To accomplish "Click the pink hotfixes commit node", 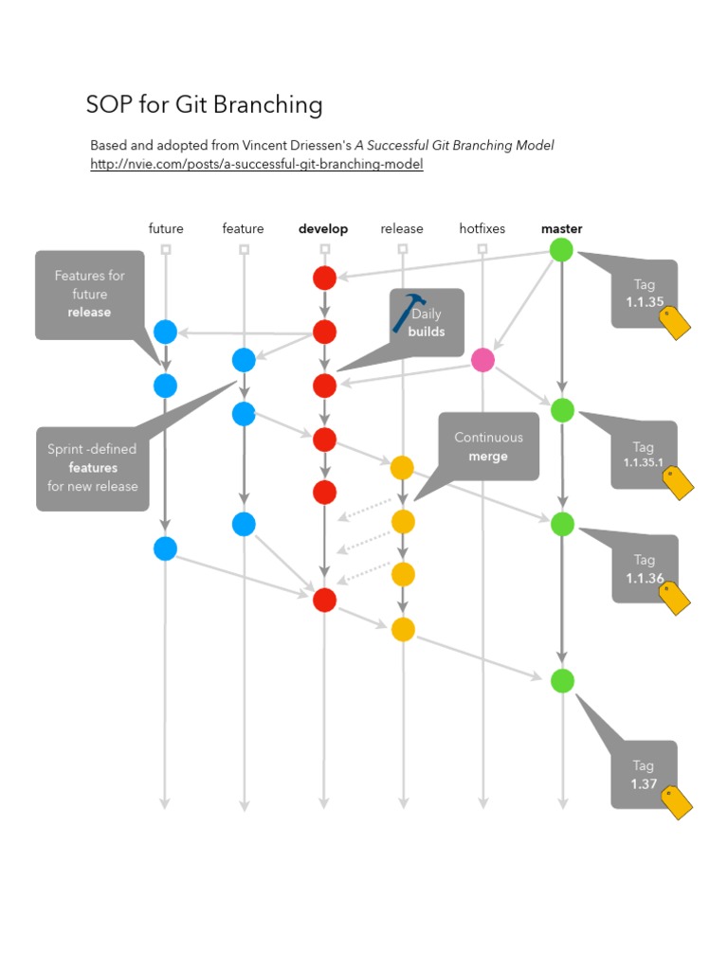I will point(482,360).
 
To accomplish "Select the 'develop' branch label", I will point(323,229).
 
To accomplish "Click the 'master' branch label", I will point(561,229).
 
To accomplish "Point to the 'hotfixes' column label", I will point(482,229).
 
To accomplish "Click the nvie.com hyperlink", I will point(256,165).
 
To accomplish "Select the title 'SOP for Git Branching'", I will point(204,105).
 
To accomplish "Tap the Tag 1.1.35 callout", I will point(644,294).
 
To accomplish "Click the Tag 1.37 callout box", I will point(644,774).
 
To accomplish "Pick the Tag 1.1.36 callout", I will point(644,568).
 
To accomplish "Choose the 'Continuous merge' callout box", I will point(488,446).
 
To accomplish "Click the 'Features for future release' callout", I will point(89,295).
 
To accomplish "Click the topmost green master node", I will point(562,250).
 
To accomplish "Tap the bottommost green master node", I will point(562,680).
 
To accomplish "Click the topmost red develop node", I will point(324,278).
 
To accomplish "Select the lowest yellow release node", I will point(403,629).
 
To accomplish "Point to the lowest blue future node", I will point(165,548).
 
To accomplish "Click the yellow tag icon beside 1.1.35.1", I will point(678,481).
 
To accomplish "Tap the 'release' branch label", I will point(402,229).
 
